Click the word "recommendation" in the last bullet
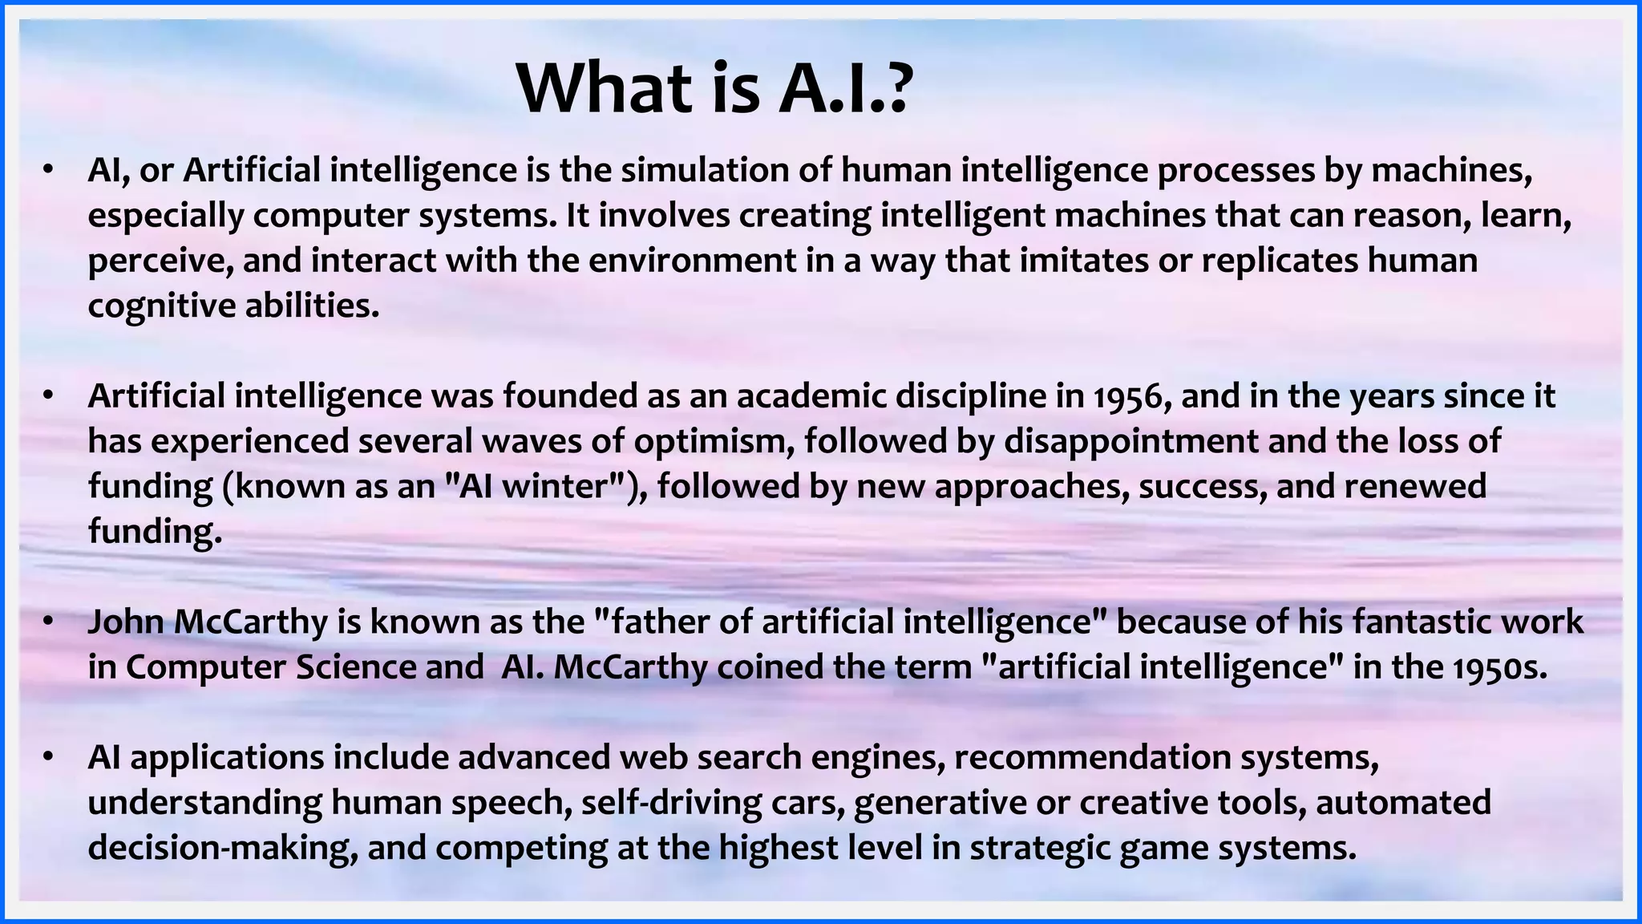click(1090, 757)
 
